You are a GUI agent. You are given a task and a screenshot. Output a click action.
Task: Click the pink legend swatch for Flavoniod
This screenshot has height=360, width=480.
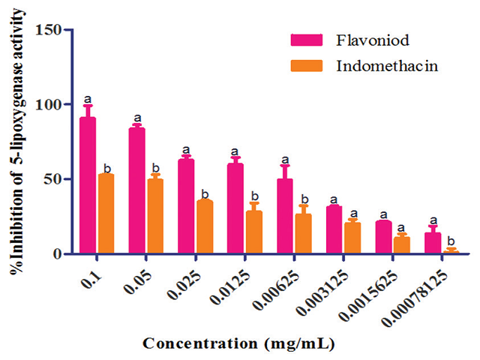click(x=306, y=40)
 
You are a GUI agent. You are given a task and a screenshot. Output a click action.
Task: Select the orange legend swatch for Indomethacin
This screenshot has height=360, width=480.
click(x=306, y=65)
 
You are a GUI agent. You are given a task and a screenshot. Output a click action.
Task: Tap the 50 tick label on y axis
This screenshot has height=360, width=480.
click(x=55, y=179)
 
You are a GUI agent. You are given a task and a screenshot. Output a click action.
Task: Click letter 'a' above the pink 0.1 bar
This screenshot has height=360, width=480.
click(x=88, y=98)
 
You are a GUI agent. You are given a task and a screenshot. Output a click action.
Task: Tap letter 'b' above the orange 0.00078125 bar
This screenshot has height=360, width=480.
click(x=451, y=240)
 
